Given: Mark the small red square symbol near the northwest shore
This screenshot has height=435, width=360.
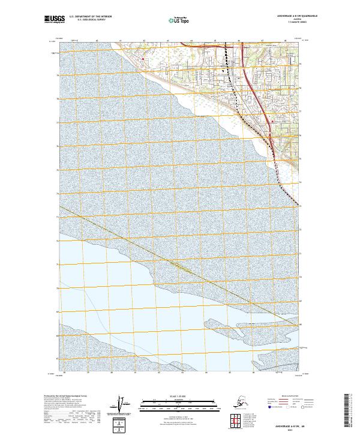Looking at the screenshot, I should tap(142, 59).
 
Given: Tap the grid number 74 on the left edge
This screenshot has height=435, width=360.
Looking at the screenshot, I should tap(57, 193).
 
